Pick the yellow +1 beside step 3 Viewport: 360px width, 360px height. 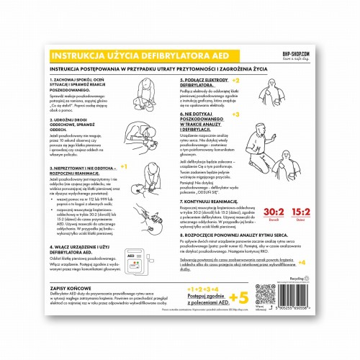point(123,166)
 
